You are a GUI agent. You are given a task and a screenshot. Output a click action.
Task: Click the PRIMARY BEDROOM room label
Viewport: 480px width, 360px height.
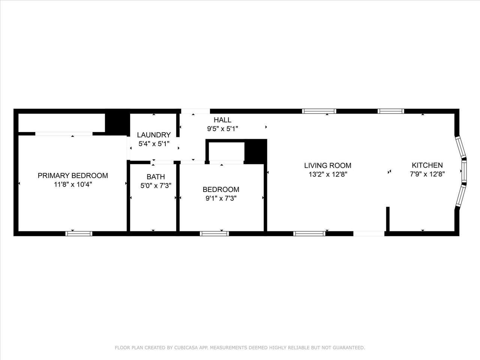(x=73, y=175)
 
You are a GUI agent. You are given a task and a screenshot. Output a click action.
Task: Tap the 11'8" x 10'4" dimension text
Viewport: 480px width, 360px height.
(x=73, y=185)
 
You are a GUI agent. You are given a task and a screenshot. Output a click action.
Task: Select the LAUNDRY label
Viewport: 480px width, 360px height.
(x=154, y=135)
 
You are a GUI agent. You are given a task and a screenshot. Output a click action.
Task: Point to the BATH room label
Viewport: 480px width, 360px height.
(x=156, y=177)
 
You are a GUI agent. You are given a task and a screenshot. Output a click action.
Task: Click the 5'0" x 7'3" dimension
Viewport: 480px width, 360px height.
(x=156, y=186)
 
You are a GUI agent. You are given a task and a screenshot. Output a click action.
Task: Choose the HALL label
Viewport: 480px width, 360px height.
(x=222, y=120)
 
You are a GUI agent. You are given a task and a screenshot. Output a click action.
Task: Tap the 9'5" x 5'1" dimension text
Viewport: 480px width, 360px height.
(x=222, y=129)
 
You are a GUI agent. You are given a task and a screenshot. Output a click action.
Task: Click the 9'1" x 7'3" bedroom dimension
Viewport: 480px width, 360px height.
(x=221, y=198)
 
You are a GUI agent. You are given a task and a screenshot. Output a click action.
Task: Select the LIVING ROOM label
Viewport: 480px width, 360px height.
(x=328, y=165)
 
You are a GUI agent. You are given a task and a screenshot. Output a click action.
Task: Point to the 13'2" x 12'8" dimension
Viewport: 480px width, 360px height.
(x=328, y=174)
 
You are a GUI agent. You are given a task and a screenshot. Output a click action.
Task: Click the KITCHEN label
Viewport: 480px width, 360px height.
(x=427, y=165)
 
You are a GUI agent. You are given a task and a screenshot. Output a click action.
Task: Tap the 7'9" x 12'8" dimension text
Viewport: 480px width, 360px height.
(x=427, y=174)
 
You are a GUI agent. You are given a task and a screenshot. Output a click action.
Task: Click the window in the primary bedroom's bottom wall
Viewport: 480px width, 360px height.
(x=79, y=234)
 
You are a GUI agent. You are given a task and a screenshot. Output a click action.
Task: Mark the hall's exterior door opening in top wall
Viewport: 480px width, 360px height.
(x=195, y=111)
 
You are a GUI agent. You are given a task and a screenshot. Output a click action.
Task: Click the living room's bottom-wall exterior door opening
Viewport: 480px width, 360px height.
(x=369, y=234)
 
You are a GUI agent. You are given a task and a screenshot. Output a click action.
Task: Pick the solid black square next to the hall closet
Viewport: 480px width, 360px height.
(x=255, y=152)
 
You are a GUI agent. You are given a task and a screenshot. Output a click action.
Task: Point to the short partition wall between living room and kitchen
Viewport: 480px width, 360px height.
(x=388, y=219)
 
